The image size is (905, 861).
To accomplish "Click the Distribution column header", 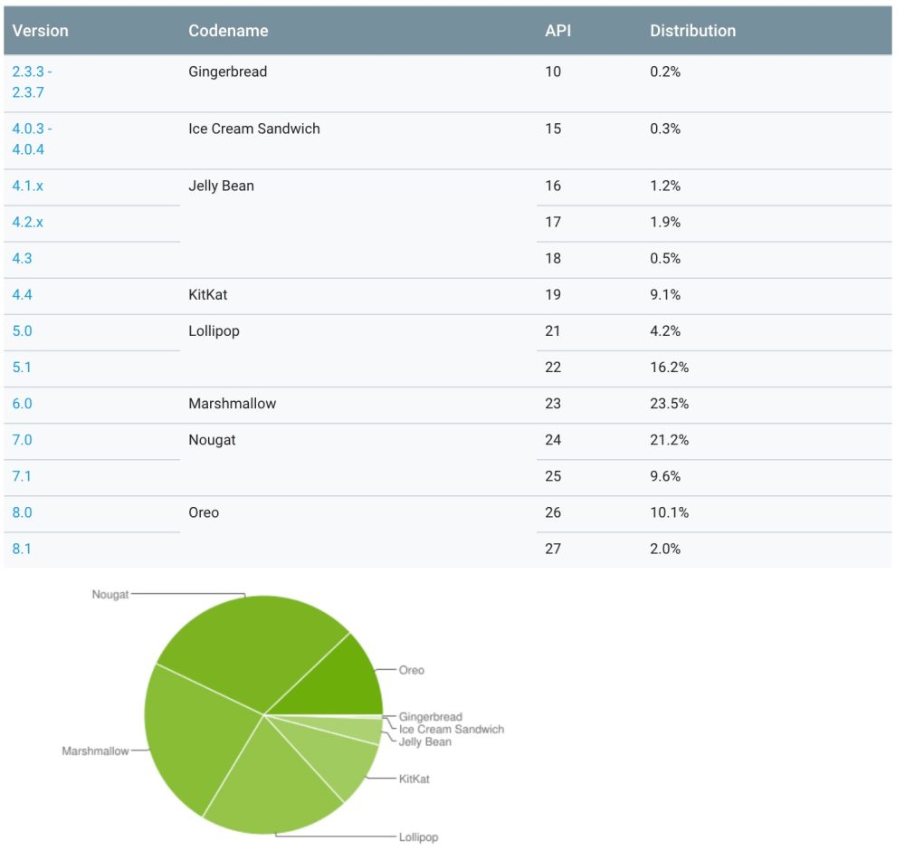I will click(x=692, y=31).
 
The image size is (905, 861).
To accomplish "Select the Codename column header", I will click(x=228, y=31).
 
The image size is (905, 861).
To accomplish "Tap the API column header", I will click(x=557, y=31).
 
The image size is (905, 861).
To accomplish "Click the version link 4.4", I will click(x=23, y=295).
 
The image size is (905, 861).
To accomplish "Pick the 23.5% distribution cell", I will click(x=669, y=404).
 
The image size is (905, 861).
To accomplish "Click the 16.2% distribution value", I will click(x=669, y=368).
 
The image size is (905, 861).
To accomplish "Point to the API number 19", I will click(x=553, y=295).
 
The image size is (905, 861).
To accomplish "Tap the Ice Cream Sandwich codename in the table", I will click(x=254, y=129).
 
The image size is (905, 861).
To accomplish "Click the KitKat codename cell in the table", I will click(x=208, y=295).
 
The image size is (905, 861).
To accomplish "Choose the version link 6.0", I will click(x=23, y=404).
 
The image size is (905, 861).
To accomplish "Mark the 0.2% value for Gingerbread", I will click(x=665, y=72).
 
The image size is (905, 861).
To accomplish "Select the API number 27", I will click(x=553, y=549).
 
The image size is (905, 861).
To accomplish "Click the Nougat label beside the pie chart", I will click(x=110, y=595).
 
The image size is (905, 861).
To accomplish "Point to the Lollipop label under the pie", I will click(x=418, y=837).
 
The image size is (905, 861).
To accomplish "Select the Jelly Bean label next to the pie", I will click(x=424, y=742).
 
